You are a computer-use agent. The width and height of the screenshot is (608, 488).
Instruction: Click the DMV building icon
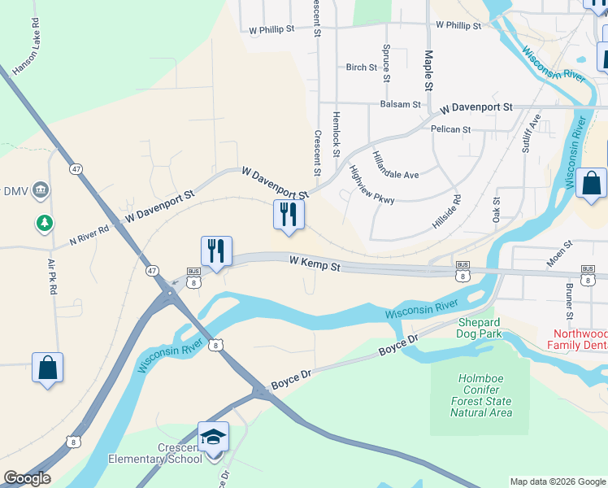click(41, 191)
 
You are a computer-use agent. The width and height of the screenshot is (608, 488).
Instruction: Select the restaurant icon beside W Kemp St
click(216, 250)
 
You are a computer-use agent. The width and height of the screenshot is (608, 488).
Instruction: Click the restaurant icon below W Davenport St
click(289, 214)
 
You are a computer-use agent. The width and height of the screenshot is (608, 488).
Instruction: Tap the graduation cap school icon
click(213, 438)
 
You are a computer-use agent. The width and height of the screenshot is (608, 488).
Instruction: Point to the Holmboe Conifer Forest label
click(482, 395)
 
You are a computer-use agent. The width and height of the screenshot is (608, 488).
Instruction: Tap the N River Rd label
click(89, 235)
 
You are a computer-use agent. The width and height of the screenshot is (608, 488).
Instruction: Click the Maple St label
click(428, 69)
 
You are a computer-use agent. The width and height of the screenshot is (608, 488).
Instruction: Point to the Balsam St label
click(400, 105)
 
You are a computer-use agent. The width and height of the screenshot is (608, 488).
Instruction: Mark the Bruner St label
click(568, 302)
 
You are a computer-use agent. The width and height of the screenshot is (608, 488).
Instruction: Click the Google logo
click(27, 478)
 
